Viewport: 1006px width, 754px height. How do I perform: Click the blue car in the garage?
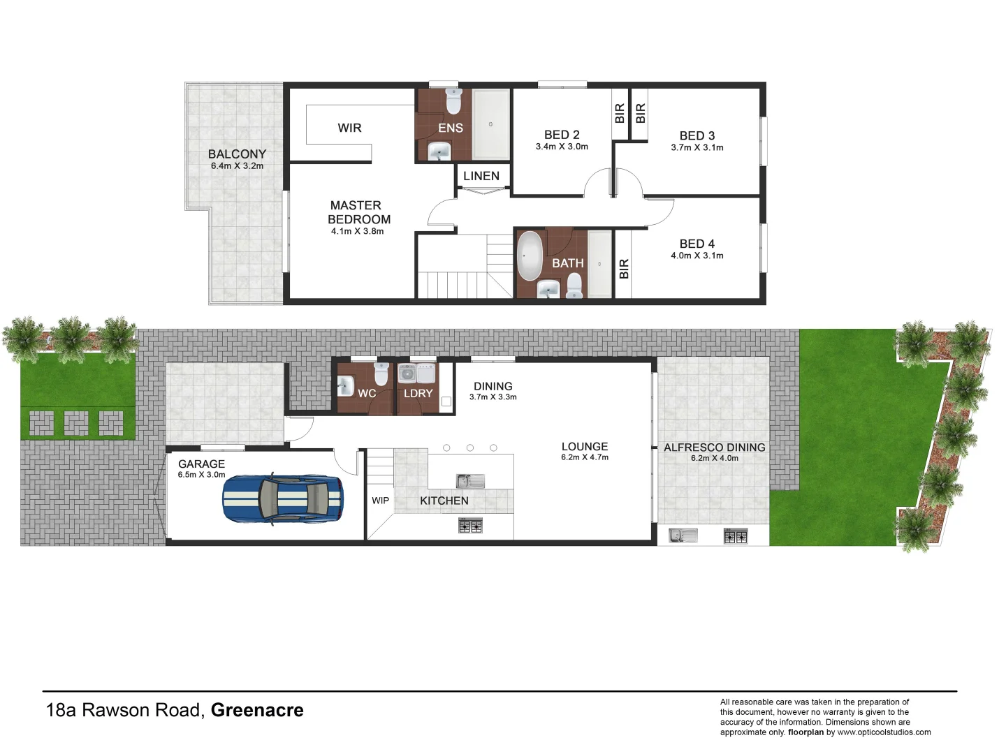click(x=283, y=498)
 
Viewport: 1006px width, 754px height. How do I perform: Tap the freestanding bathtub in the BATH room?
click(x=530, y=256)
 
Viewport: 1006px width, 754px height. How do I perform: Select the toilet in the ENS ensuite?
click(x=453, y=102)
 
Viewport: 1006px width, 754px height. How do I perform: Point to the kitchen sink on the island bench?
click(x=469, y=481)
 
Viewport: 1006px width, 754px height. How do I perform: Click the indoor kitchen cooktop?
click(x=470, y=525)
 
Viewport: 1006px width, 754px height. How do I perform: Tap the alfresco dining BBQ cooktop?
click(x=735, y=536)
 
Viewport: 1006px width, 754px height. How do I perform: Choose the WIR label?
click(x=349, y=128)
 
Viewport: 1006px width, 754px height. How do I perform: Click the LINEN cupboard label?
click(x=481, y=176)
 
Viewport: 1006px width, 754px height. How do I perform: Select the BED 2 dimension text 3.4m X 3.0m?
click(x=562, y=147)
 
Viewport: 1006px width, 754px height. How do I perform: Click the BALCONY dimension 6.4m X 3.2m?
click(x=237, y=166)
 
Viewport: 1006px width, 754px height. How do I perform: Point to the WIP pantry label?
click(x=380, y=501)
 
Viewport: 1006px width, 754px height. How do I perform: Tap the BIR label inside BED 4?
click(x=624, y=269)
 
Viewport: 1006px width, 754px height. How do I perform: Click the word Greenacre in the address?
click(x=257, y=710)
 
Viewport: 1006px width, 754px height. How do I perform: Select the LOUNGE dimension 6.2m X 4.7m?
click(x=584, y=457)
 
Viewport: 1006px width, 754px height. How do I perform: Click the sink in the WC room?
click(x=345, y=385)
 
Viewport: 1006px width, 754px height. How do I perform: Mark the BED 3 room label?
click(x=697, y=135)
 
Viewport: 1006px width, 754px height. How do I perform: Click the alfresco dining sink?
click(x=683, y=535)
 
